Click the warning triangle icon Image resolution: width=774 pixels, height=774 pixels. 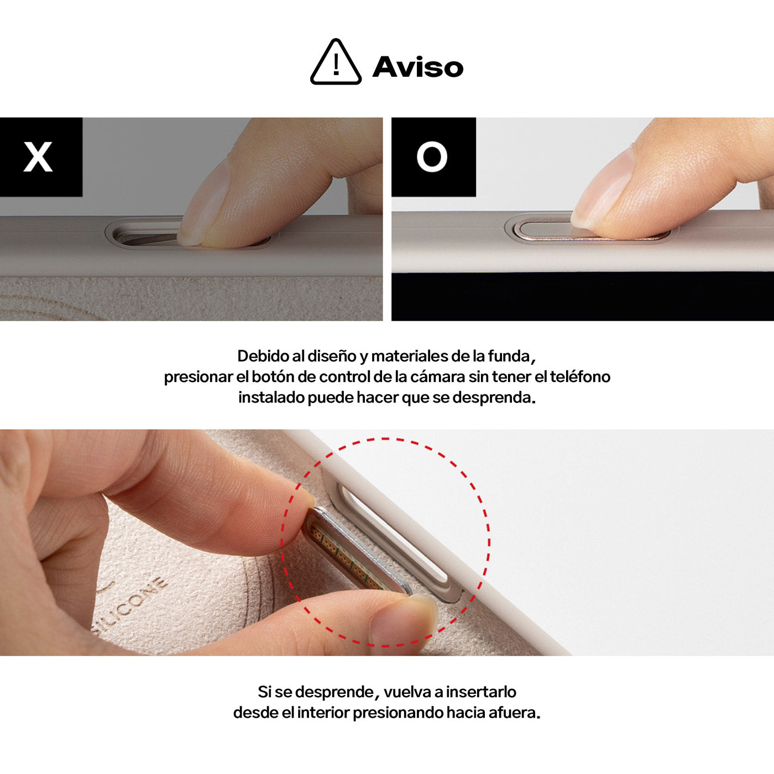click(336, 62)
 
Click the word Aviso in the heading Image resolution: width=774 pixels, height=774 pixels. click(418, 66)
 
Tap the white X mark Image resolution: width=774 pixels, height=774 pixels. click(38, 156)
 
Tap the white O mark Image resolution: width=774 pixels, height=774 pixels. click(432, 156)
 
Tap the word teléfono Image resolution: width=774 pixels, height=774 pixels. click(580, 376)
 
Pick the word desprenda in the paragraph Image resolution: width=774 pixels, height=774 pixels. click(494, 398)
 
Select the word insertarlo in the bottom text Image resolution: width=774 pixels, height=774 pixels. click(481, 692)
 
